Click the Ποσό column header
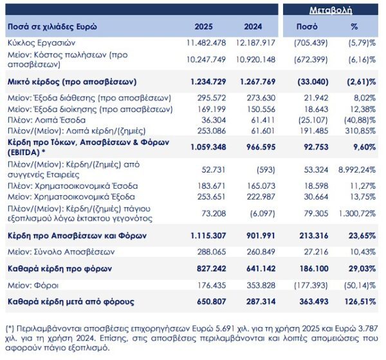point(307,27)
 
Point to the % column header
point(354,27)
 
